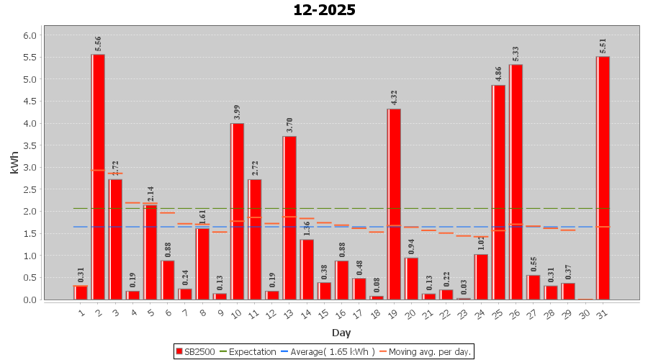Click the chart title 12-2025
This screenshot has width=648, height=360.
pyautogui.click(x=324, y=10)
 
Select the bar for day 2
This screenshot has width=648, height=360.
pyautogui.click(x=98, y=176)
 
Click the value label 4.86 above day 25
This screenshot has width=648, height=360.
pyautogui.click(x=498, y=74)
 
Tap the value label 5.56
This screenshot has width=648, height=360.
pyautogui.click(x=98, y=44)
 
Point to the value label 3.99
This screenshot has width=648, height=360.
pyautogui.click(x=237, y=112)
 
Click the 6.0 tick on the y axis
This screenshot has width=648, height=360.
pyautogui.click(x=30, y=35)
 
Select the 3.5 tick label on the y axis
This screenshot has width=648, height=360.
pyautogui.click(x=30, y=145)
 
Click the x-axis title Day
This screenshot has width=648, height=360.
pyautogui.click(x=341, y=333)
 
